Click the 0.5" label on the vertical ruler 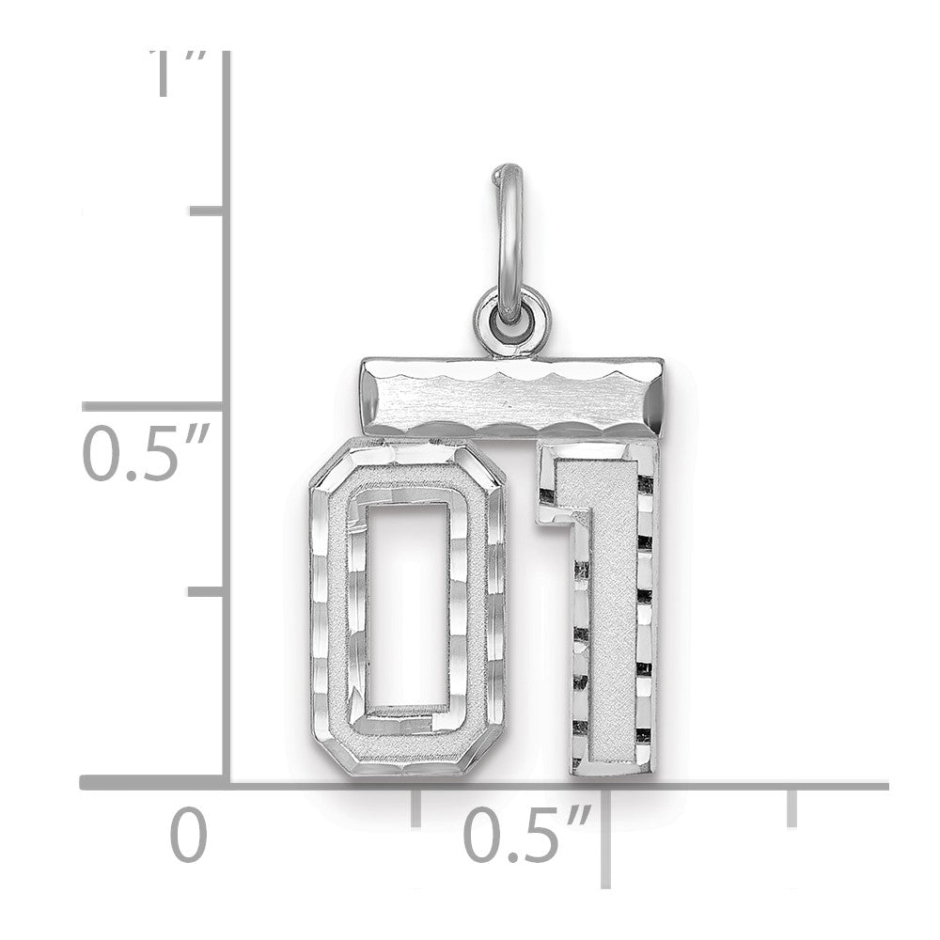(146, 453)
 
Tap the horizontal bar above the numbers (512, 398)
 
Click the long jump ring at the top (509, 240)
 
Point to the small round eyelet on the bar (511, 317)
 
